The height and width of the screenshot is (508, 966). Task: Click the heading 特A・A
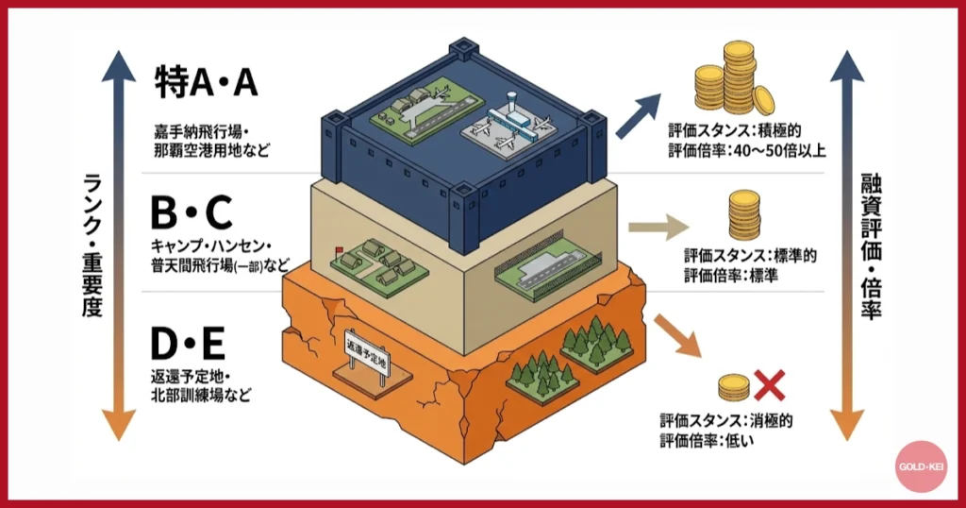pyautogui.click(x=206, y=84)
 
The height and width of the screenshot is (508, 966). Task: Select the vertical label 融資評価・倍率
pyautogui.click(x=870, y=247)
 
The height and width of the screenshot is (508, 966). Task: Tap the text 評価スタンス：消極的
pyautogui.click(x=726, y=421)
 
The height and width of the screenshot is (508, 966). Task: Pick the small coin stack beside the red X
pyautogui.click(x=733, y=385)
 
